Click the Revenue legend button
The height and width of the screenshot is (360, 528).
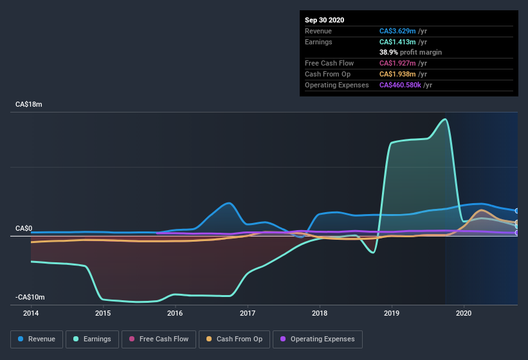[x=37, y=339]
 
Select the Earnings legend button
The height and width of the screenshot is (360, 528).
[x=93, y=339]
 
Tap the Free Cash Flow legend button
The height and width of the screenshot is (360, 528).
[x=158, y=339]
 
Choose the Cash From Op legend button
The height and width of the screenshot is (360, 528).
[x=234, y=339]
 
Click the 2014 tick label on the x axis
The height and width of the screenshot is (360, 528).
[x=31, y=314]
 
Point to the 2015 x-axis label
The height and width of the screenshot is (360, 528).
[x=103, y=314]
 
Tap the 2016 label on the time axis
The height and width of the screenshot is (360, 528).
[x=175, y=314]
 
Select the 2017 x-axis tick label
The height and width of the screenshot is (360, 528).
[x=247, y=314]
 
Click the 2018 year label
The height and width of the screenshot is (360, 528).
[x=319, y=314]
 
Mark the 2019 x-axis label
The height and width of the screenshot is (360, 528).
[x=391, y=314]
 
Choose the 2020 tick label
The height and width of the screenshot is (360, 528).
[x=463, y=314]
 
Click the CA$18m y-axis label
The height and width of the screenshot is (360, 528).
[x=28, y=104]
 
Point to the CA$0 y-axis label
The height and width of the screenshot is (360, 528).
[x=24, y=228]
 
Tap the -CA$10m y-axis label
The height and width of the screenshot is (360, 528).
[x=30, y=297]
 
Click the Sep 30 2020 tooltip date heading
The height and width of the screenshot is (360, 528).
[x=324, y=20]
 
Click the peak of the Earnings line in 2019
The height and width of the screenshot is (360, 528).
[x=444, y=119]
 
